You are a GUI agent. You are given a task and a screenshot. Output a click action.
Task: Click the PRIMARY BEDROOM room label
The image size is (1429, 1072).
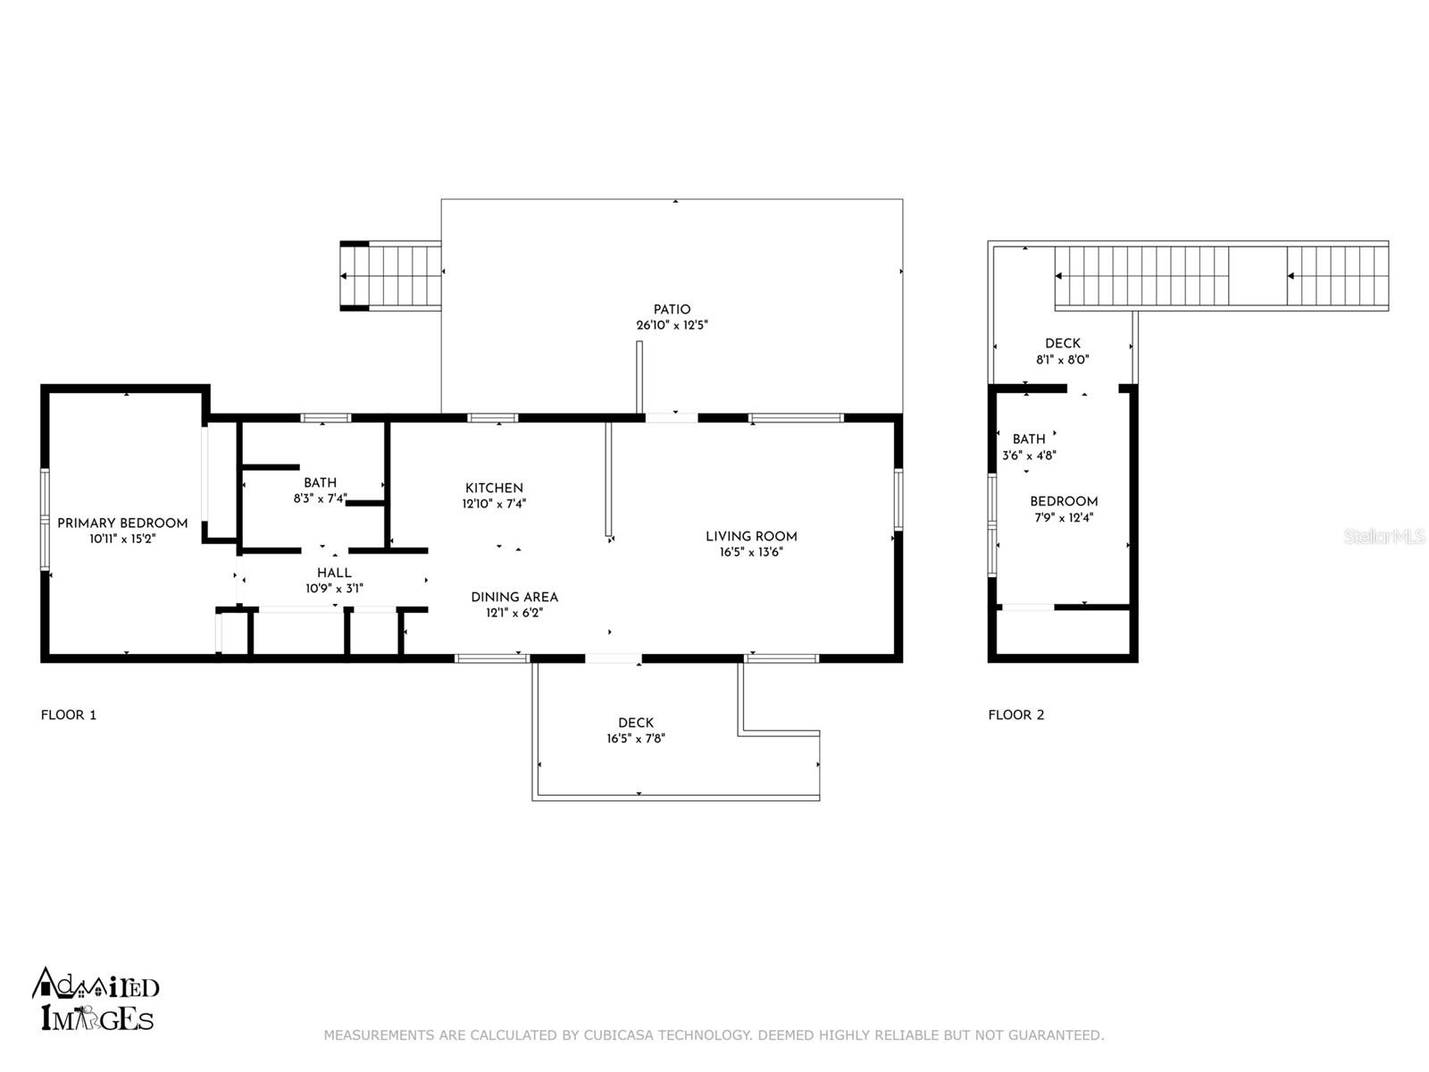tap(122, 523)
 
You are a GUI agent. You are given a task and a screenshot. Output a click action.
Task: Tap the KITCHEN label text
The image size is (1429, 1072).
tap(494, 488)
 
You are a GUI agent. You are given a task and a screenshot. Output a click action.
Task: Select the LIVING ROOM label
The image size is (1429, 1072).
tap(751, 536)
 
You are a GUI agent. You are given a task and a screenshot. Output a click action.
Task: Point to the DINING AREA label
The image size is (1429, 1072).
tap(514, 597)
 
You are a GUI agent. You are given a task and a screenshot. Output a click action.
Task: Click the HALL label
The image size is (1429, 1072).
tap(334, 573)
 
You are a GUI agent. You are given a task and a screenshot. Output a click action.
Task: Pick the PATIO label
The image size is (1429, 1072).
tap(672, 310)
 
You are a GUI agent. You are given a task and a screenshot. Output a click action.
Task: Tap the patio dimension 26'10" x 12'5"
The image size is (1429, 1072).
tap(672, 325)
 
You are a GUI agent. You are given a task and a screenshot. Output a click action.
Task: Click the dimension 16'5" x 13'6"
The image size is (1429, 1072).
tap(751, 553)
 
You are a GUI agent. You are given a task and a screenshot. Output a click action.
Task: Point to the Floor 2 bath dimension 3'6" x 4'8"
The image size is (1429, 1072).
tap(1029, 456)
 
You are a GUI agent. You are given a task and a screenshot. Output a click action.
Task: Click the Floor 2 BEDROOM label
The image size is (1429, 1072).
tap(1064, 502)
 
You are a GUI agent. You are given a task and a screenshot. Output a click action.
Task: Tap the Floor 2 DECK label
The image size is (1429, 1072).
tap(1063, 344)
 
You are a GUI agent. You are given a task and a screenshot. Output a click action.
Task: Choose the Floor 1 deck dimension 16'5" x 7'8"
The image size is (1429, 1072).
tap(636, 739)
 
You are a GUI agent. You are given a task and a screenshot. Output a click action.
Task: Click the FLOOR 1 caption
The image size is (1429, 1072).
tap(69, 716)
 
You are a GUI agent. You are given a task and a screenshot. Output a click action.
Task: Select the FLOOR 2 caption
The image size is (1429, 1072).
tap(1016, 716)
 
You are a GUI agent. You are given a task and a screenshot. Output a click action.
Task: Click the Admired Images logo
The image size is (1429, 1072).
tap(96, 999)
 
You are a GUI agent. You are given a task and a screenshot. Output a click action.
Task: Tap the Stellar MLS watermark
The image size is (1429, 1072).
tap(1384, 536)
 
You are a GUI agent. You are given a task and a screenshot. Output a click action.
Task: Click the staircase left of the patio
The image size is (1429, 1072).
tap(390, 276)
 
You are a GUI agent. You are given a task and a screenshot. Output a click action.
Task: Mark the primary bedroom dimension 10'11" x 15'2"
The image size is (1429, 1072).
tap(122, 539)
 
